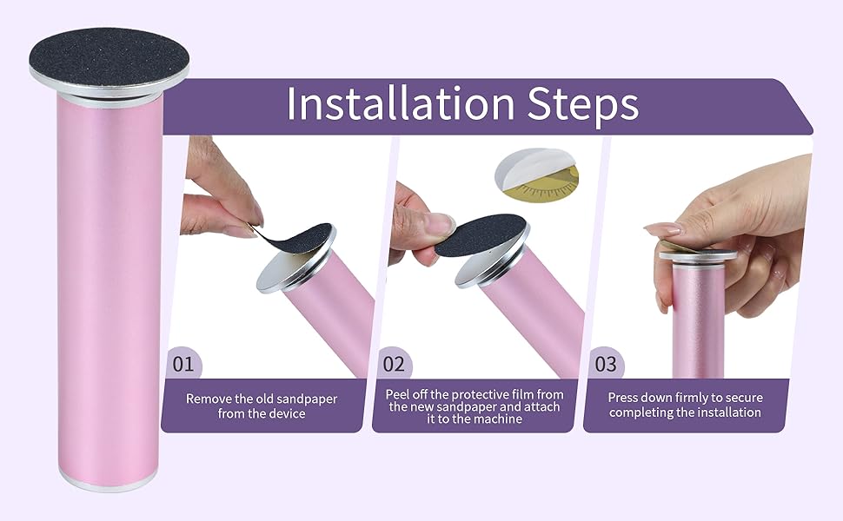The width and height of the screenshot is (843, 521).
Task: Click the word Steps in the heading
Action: pos(583,104)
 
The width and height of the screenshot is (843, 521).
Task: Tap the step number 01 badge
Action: pos(183,363)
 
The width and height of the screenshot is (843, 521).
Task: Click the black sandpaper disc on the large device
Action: pos(109,54)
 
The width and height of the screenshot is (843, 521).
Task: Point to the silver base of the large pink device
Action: pos(109,483)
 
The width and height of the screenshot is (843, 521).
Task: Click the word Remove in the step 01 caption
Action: pos(210,399)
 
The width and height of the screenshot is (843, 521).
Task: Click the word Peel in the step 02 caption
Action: pos(400,394)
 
